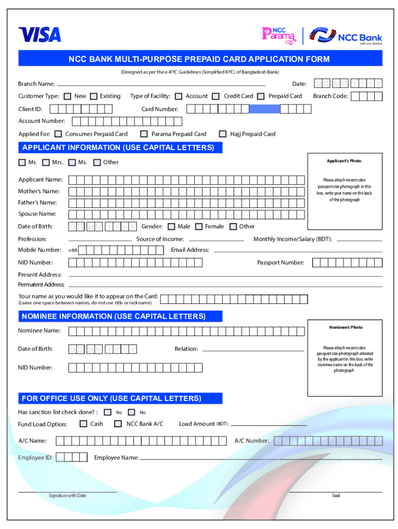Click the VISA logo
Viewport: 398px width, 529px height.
(40, 35)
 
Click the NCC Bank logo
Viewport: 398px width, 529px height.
(346, 36)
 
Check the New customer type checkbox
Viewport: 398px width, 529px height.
(68, 96)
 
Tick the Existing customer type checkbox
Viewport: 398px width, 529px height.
(94, 96)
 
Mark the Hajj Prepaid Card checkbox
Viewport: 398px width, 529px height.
(223, 134)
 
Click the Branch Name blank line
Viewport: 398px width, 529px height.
(161, 85)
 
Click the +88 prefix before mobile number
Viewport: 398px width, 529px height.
(73, 251)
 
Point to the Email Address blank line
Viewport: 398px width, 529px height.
(298, 252)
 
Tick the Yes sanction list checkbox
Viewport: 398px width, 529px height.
(108, 412)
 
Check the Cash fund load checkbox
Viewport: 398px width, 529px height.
(83, 424)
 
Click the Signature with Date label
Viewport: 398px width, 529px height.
(68, 495)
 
